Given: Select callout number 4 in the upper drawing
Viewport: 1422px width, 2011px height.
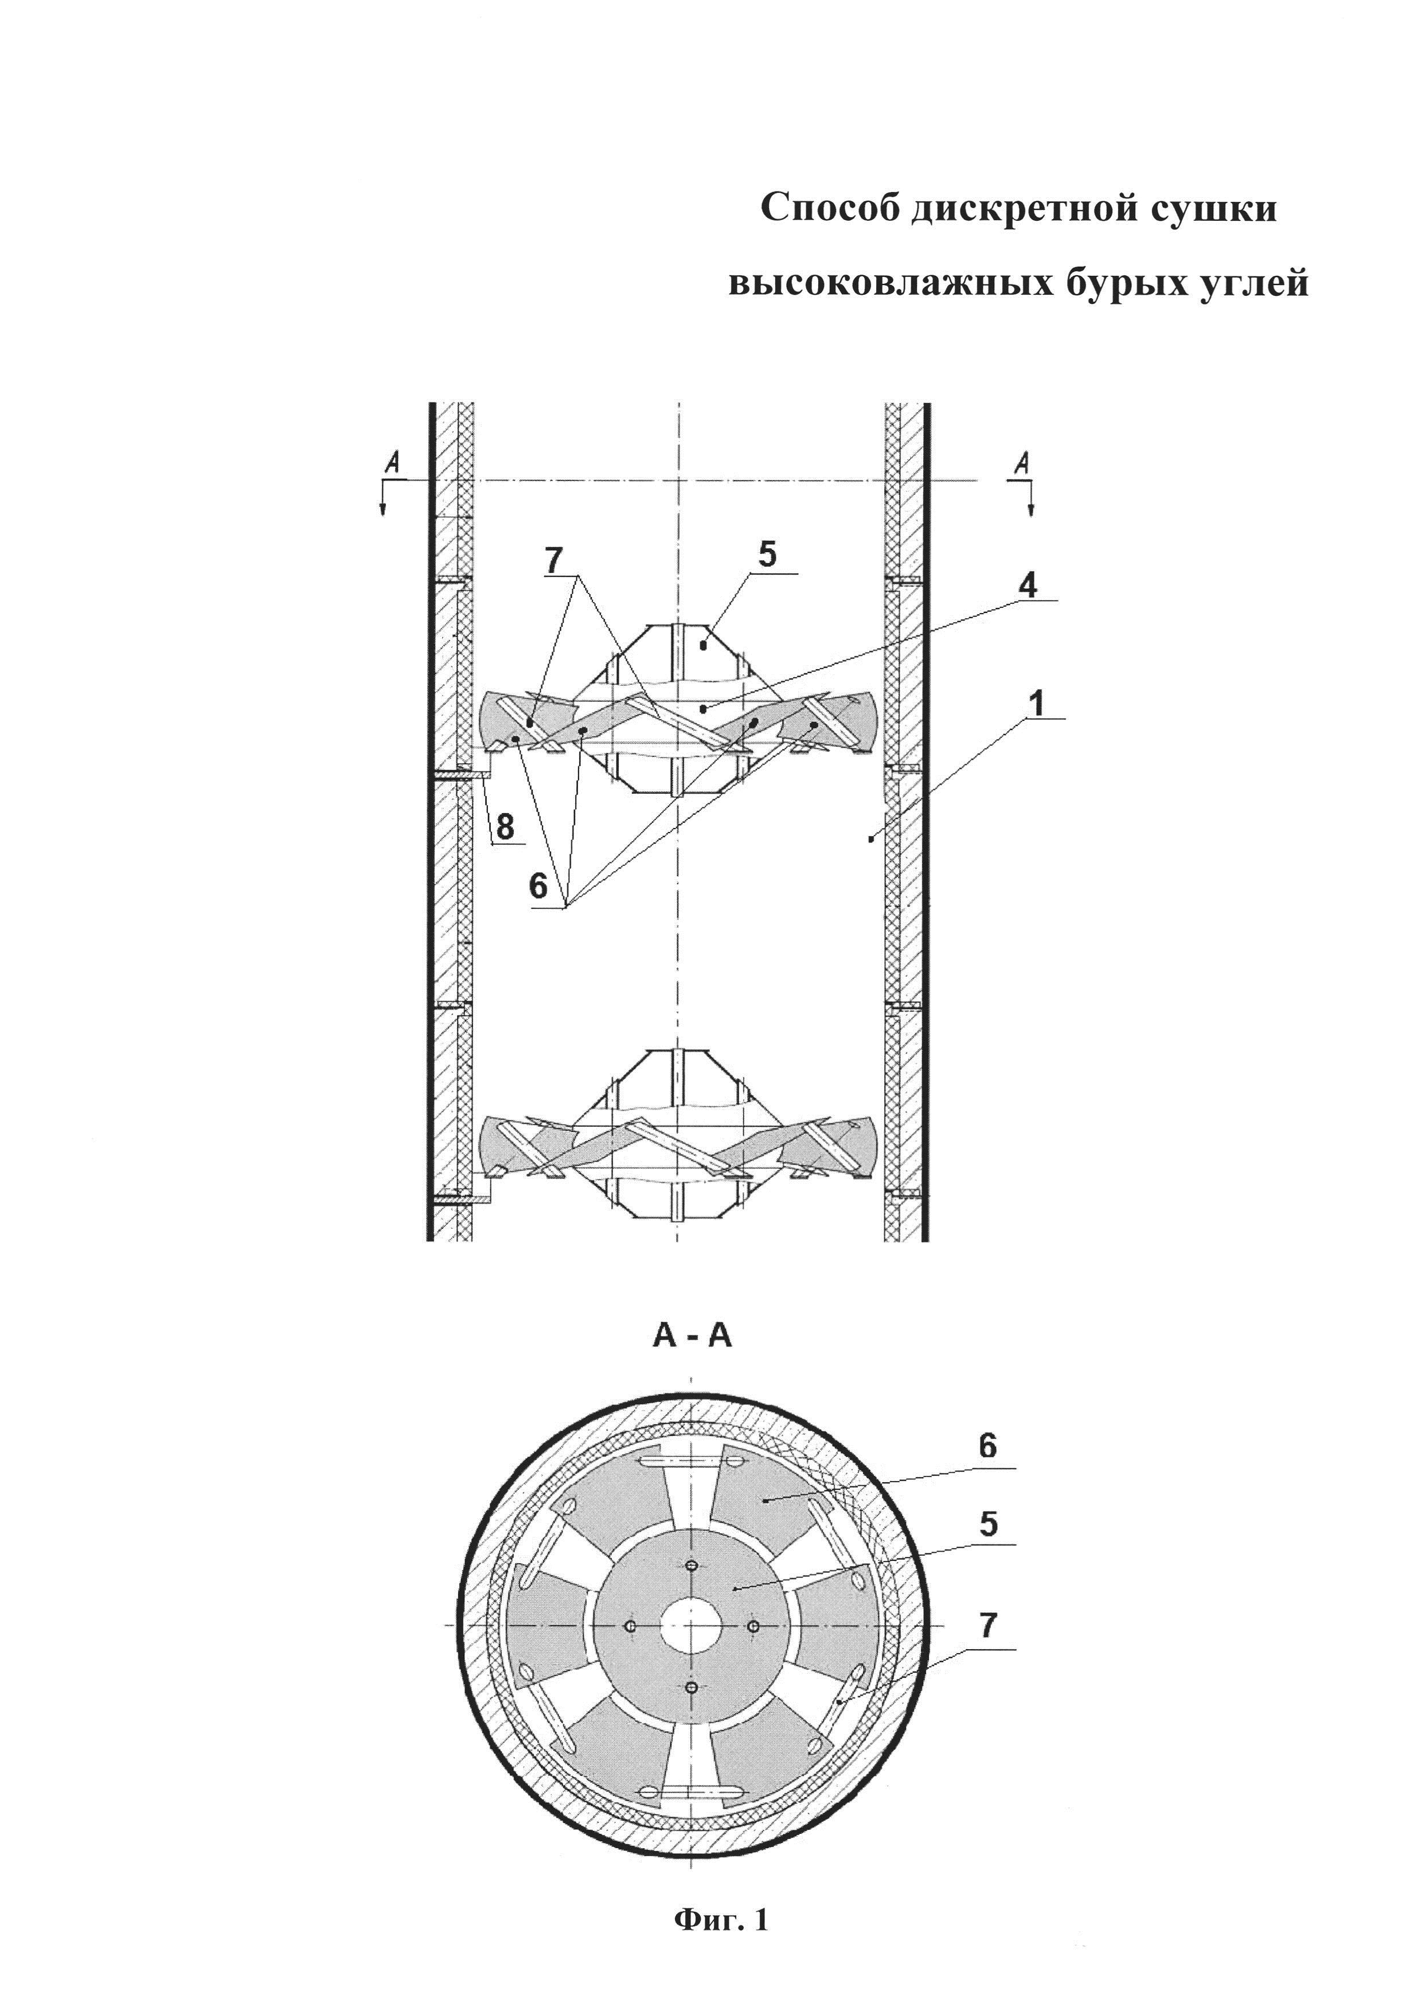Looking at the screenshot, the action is (1028, 584).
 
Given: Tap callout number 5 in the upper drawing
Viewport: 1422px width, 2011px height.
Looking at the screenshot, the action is (767, 555).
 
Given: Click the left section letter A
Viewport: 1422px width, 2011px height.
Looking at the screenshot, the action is (393, 463).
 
